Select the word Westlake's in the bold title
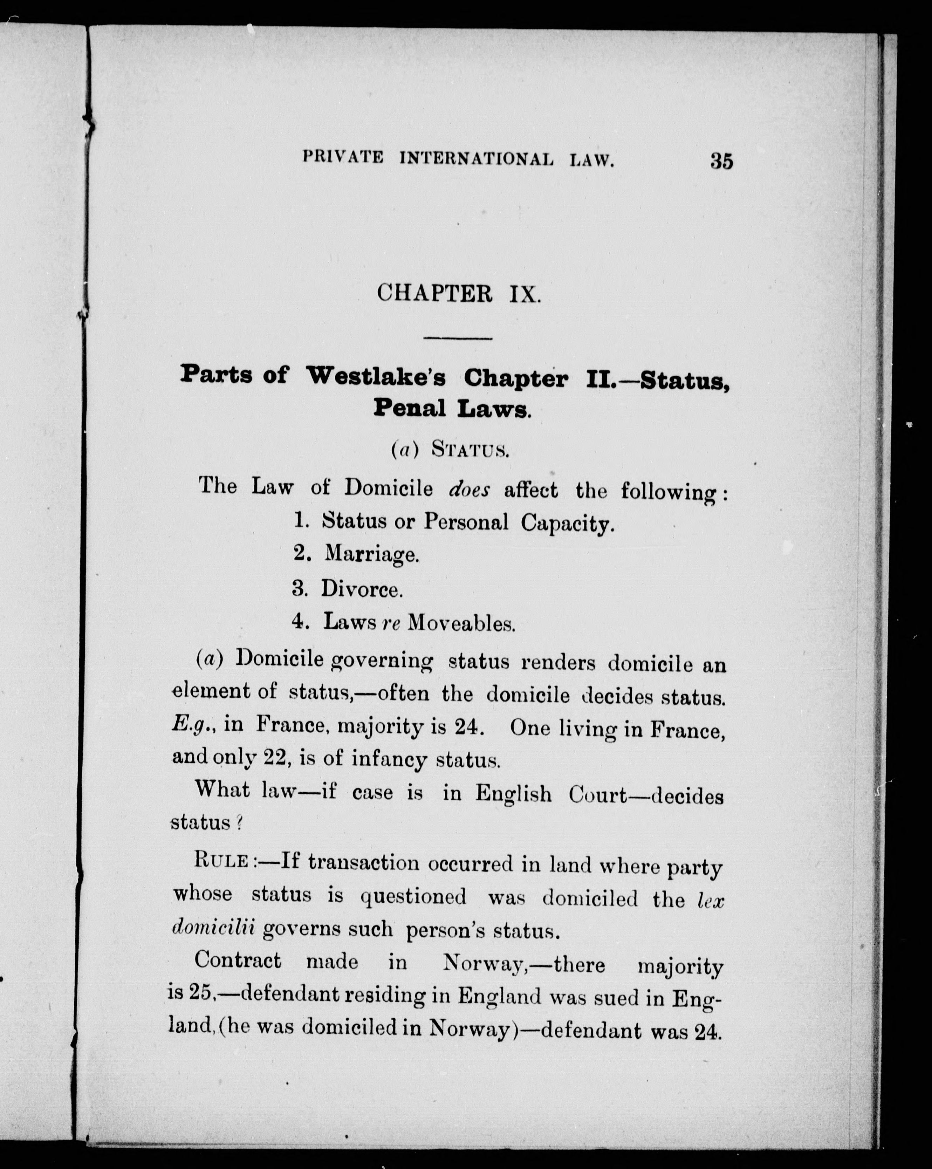pos(376,377)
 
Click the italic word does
pos(469,490)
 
